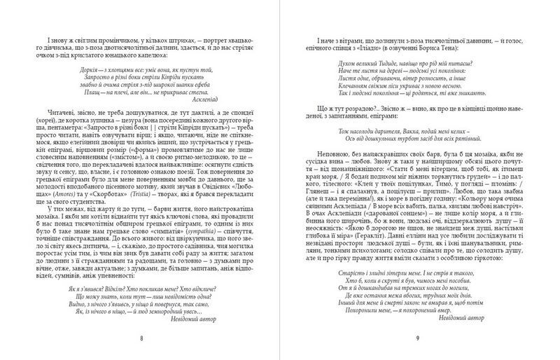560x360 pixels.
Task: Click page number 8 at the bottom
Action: (x=161, y=337)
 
